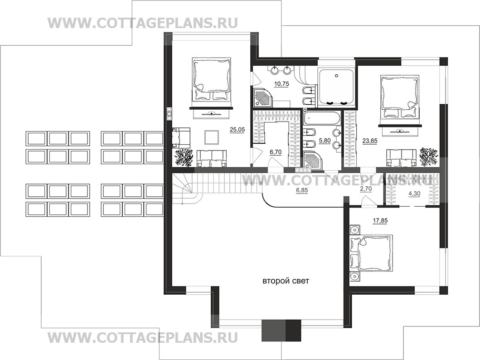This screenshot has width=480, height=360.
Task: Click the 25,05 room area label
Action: point(237,130)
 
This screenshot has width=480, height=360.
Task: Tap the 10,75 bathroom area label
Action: point(281,83)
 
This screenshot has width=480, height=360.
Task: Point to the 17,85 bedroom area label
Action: point(379,220)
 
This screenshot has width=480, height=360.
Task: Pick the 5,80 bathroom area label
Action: point(325,141)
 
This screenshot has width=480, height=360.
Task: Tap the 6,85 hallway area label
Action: point(302,190)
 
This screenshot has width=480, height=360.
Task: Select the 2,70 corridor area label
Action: point(365,189)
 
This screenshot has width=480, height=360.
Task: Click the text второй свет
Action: point(286,281)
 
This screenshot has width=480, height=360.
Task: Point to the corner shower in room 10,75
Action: point(263,97)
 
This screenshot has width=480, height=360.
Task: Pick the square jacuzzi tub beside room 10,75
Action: point(336,88)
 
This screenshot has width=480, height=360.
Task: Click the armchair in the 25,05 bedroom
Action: point(181,137)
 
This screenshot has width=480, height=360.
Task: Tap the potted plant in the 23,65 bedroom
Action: point(428,156)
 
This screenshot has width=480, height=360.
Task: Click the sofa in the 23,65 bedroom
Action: point(401,158)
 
